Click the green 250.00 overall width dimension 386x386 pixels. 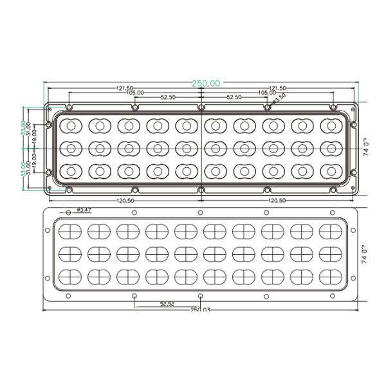click(206, 84)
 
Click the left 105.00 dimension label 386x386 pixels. click(136, 93)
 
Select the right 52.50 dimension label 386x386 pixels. click(234, 98)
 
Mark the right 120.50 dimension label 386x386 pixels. click(277, 200)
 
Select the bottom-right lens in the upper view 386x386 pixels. click(331, 171)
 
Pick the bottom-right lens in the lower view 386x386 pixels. click(331, 277)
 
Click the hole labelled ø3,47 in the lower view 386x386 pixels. click(68, 212)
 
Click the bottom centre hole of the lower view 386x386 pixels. click(200, 296)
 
